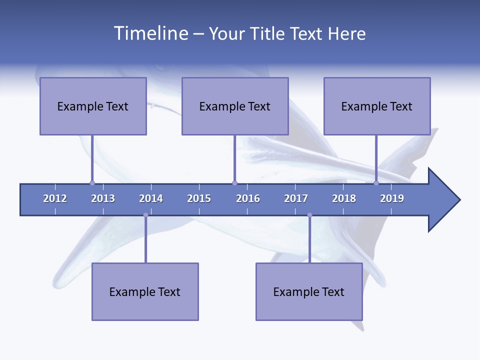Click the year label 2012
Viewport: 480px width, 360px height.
(55, 198)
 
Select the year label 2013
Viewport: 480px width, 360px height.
(103, 198)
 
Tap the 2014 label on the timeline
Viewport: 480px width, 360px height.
(151, 198)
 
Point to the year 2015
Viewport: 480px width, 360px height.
(199, 198)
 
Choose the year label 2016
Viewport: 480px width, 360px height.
(248, 198)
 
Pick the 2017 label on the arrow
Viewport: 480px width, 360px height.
(296, 198)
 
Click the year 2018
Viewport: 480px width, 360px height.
(344, 198)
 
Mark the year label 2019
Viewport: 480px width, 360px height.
(392, 198)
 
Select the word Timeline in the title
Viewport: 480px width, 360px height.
(150, 33)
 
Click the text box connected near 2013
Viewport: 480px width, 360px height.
(93, 106)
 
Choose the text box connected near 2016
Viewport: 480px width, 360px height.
(235, 106)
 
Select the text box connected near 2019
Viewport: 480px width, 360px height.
(377, 106)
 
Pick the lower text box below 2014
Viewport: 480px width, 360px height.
(145, 291)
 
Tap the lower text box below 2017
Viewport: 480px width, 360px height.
(309, 291)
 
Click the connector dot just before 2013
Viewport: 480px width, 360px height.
(92, 183)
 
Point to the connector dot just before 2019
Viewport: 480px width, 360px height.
(376, 183)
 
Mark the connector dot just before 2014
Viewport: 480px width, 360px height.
(145, 215)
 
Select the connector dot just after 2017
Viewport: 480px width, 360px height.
(309, 215)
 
